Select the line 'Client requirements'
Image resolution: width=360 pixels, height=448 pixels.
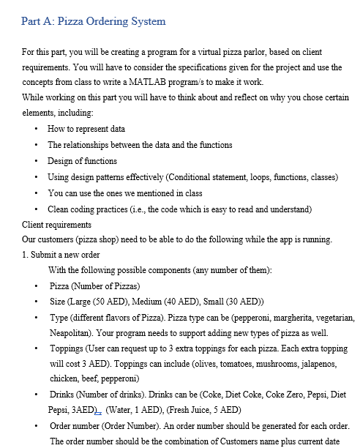click(56, 225)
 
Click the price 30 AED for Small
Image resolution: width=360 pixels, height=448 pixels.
click(244, 302)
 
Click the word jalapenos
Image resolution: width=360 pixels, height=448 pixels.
click(320, 364)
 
